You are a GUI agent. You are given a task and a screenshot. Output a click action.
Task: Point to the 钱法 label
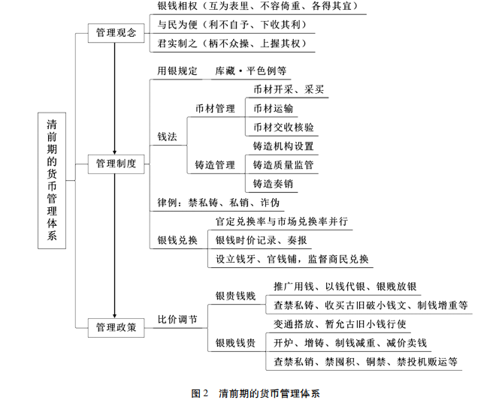click(167, 137)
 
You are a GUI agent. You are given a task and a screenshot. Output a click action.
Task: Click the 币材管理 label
click(215, 109)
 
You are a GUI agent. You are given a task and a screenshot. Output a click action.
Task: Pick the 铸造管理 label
click(215, 164)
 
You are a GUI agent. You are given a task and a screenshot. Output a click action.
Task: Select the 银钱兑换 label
click(177, 240)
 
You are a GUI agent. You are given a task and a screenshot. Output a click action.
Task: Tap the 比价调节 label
click(177, 319)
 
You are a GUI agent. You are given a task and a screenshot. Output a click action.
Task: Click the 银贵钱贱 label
click(235, 296)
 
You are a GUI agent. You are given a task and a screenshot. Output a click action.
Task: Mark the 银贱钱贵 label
click(235, 344)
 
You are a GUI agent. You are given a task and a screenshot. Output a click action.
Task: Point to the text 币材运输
click(274, 108)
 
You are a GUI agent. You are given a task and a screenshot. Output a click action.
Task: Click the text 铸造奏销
click(274, 183)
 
